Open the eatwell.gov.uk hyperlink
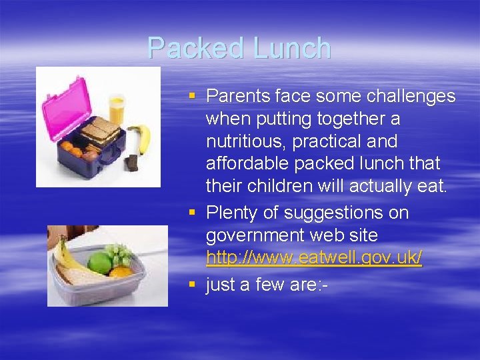(314, 259)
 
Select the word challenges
(408, 97)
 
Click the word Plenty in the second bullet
(233, 213)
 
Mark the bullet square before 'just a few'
(192, 285)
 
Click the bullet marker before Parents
(192, 97)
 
